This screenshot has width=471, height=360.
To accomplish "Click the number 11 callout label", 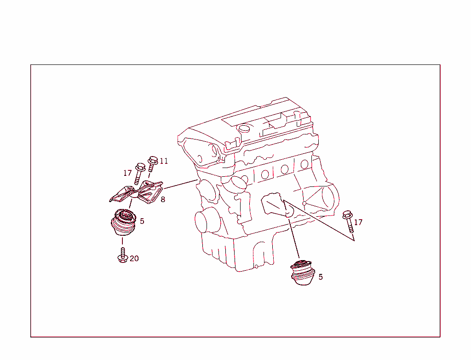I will coord(164,161).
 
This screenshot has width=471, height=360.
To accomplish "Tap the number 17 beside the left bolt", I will coord(127,173).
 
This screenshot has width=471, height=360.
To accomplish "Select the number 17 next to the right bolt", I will coord(358,222).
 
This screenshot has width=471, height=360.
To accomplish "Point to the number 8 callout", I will coord(163,200).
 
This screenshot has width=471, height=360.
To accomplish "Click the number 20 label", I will coord(134,259).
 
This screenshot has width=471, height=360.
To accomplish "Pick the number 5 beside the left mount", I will coord(142,221).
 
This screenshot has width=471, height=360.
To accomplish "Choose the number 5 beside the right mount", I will coord(321,277).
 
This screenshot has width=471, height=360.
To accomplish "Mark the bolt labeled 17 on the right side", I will coord(348,221).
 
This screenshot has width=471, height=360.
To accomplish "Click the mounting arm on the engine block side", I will coord(275,205).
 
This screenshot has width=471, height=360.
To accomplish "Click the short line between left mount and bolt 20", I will coord(122,241).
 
